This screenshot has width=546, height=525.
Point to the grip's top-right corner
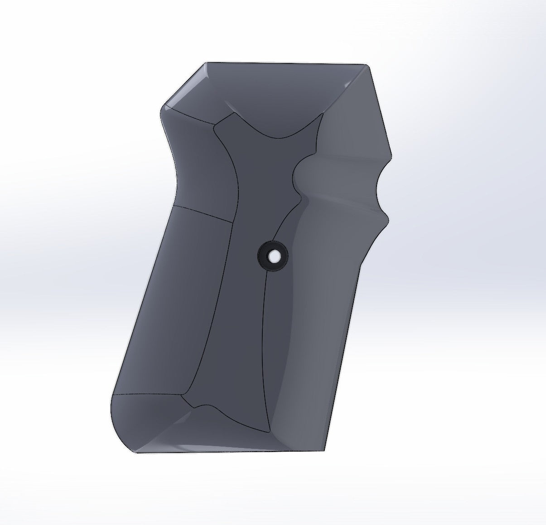coord(367,66)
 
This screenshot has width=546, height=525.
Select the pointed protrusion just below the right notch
coord(388,220)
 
